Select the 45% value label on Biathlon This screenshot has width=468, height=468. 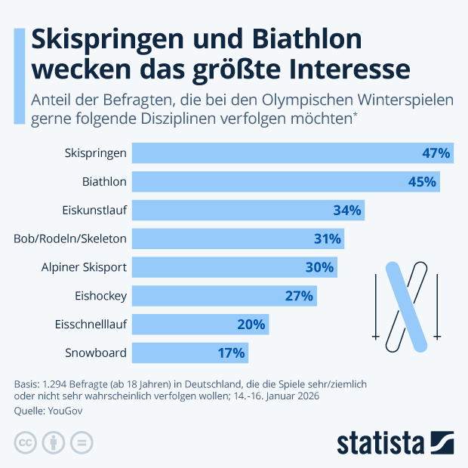422,182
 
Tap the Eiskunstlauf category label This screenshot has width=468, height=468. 94,211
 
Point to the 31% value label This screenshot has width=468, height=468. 328,239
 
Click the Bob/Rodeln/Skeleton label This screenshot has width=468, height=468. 70,239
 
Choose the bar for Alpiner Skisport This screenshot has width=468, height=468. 234,267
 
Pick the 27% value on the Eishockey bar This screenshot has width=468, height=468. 299,296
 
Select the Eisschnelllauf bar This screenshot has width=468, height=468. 200,325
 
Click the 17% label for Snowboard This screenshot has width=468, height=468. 231,353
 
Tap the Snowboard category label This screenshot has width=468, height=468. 96,353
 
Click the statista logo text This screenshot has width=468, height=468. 381,442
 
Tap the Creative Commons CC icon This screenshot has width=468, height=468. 26,442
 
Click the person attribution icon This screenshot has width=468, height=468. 54,442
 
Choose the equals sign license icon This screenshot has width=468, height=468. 81,442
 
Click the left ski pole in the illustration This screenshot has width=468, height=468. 375,306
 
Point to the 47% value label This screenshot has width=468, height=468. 436,153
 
